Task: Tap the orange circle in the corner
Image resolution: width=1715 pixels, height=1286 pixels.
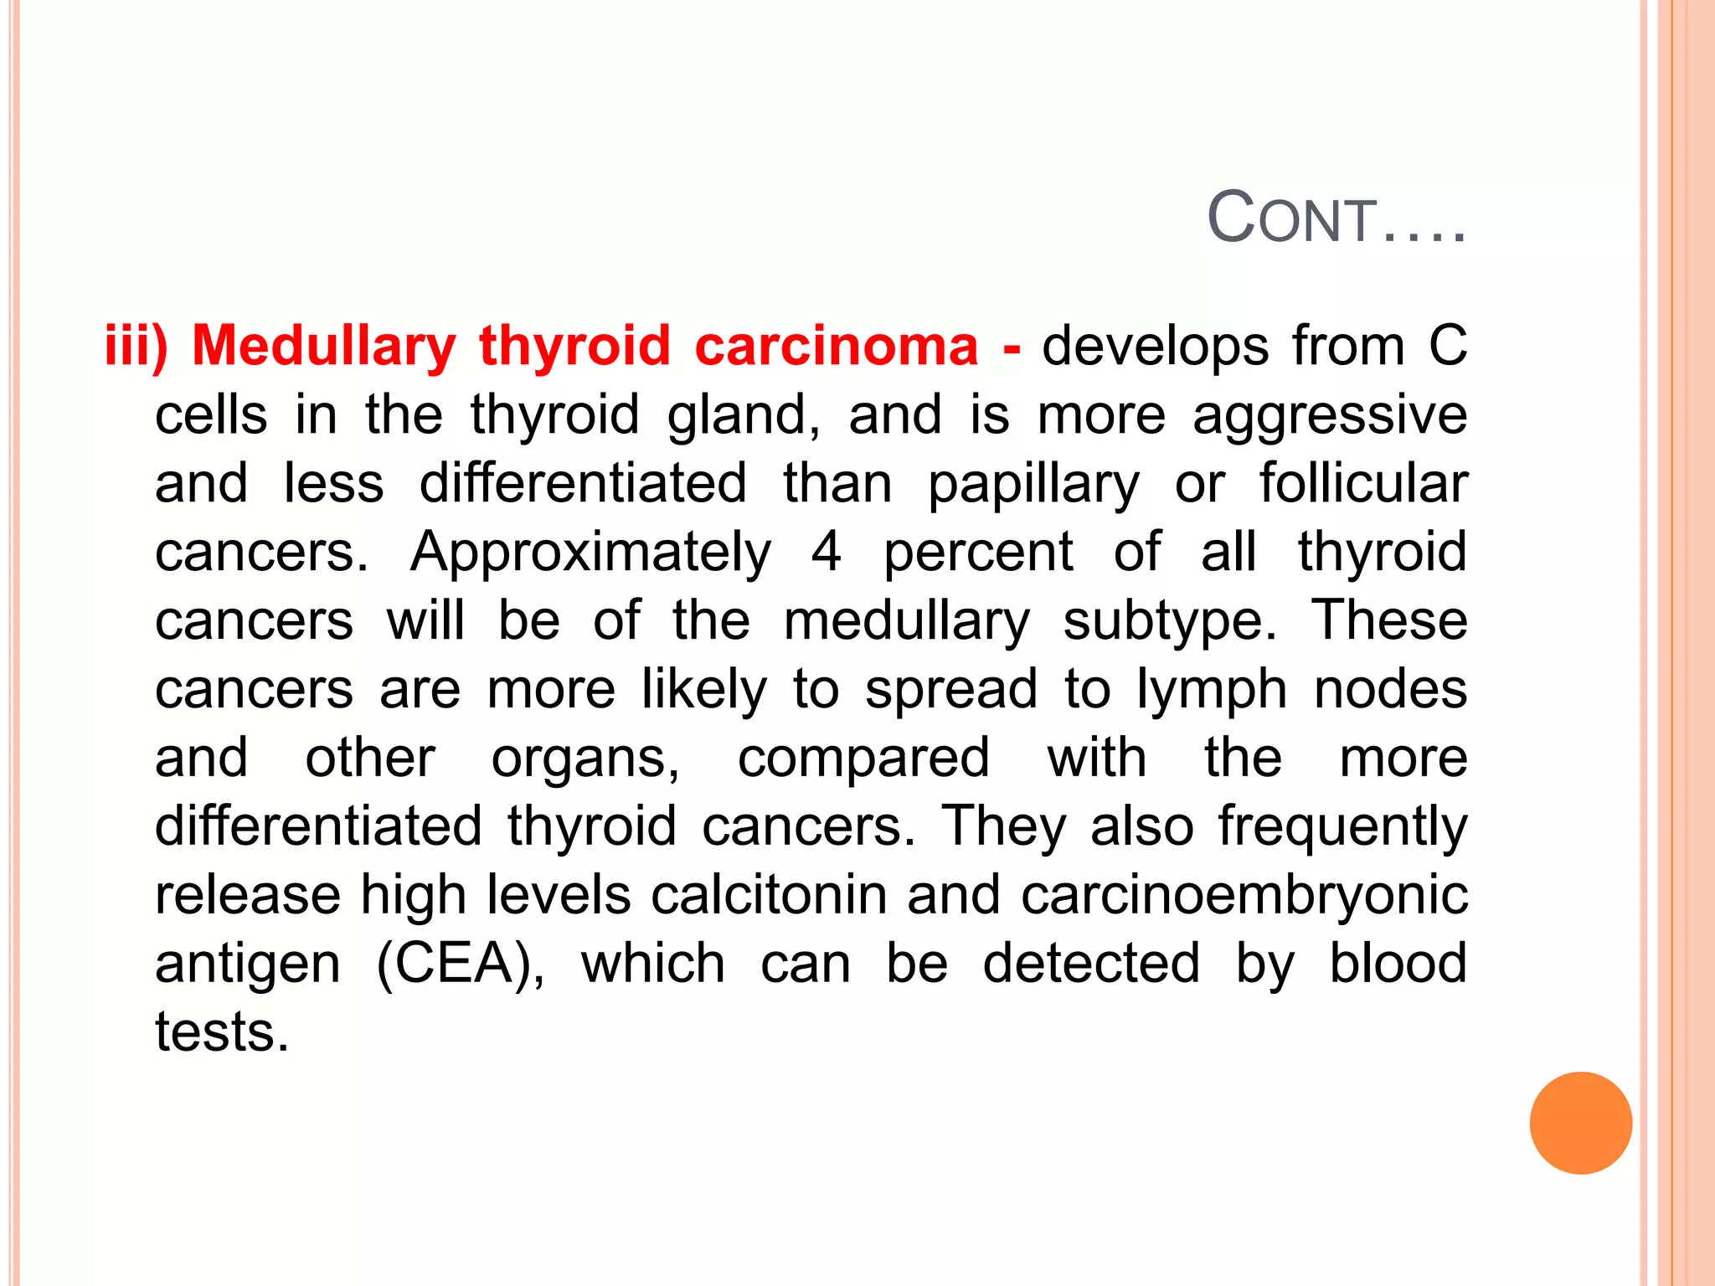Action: [1580, 1123]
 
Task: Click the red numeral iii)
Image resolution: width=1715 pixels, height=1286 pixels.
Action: [136, 345]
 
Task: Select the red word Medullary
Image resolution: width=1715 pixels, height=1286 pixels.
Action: [324, 347]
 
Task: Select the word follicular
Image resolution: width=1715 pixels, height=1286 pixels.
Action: [1362, 484]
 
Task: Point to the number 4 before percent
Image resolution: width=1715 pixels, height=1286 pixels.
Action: [826, 553]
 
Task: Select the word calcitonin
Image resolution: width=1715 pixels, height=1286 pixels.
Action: [769, 895]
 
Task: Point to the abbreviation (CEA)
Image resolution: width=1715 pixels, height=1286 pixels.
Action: [461, 964]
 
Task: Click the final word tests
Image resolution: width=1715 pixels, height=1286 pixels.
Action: [222, 1031]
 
